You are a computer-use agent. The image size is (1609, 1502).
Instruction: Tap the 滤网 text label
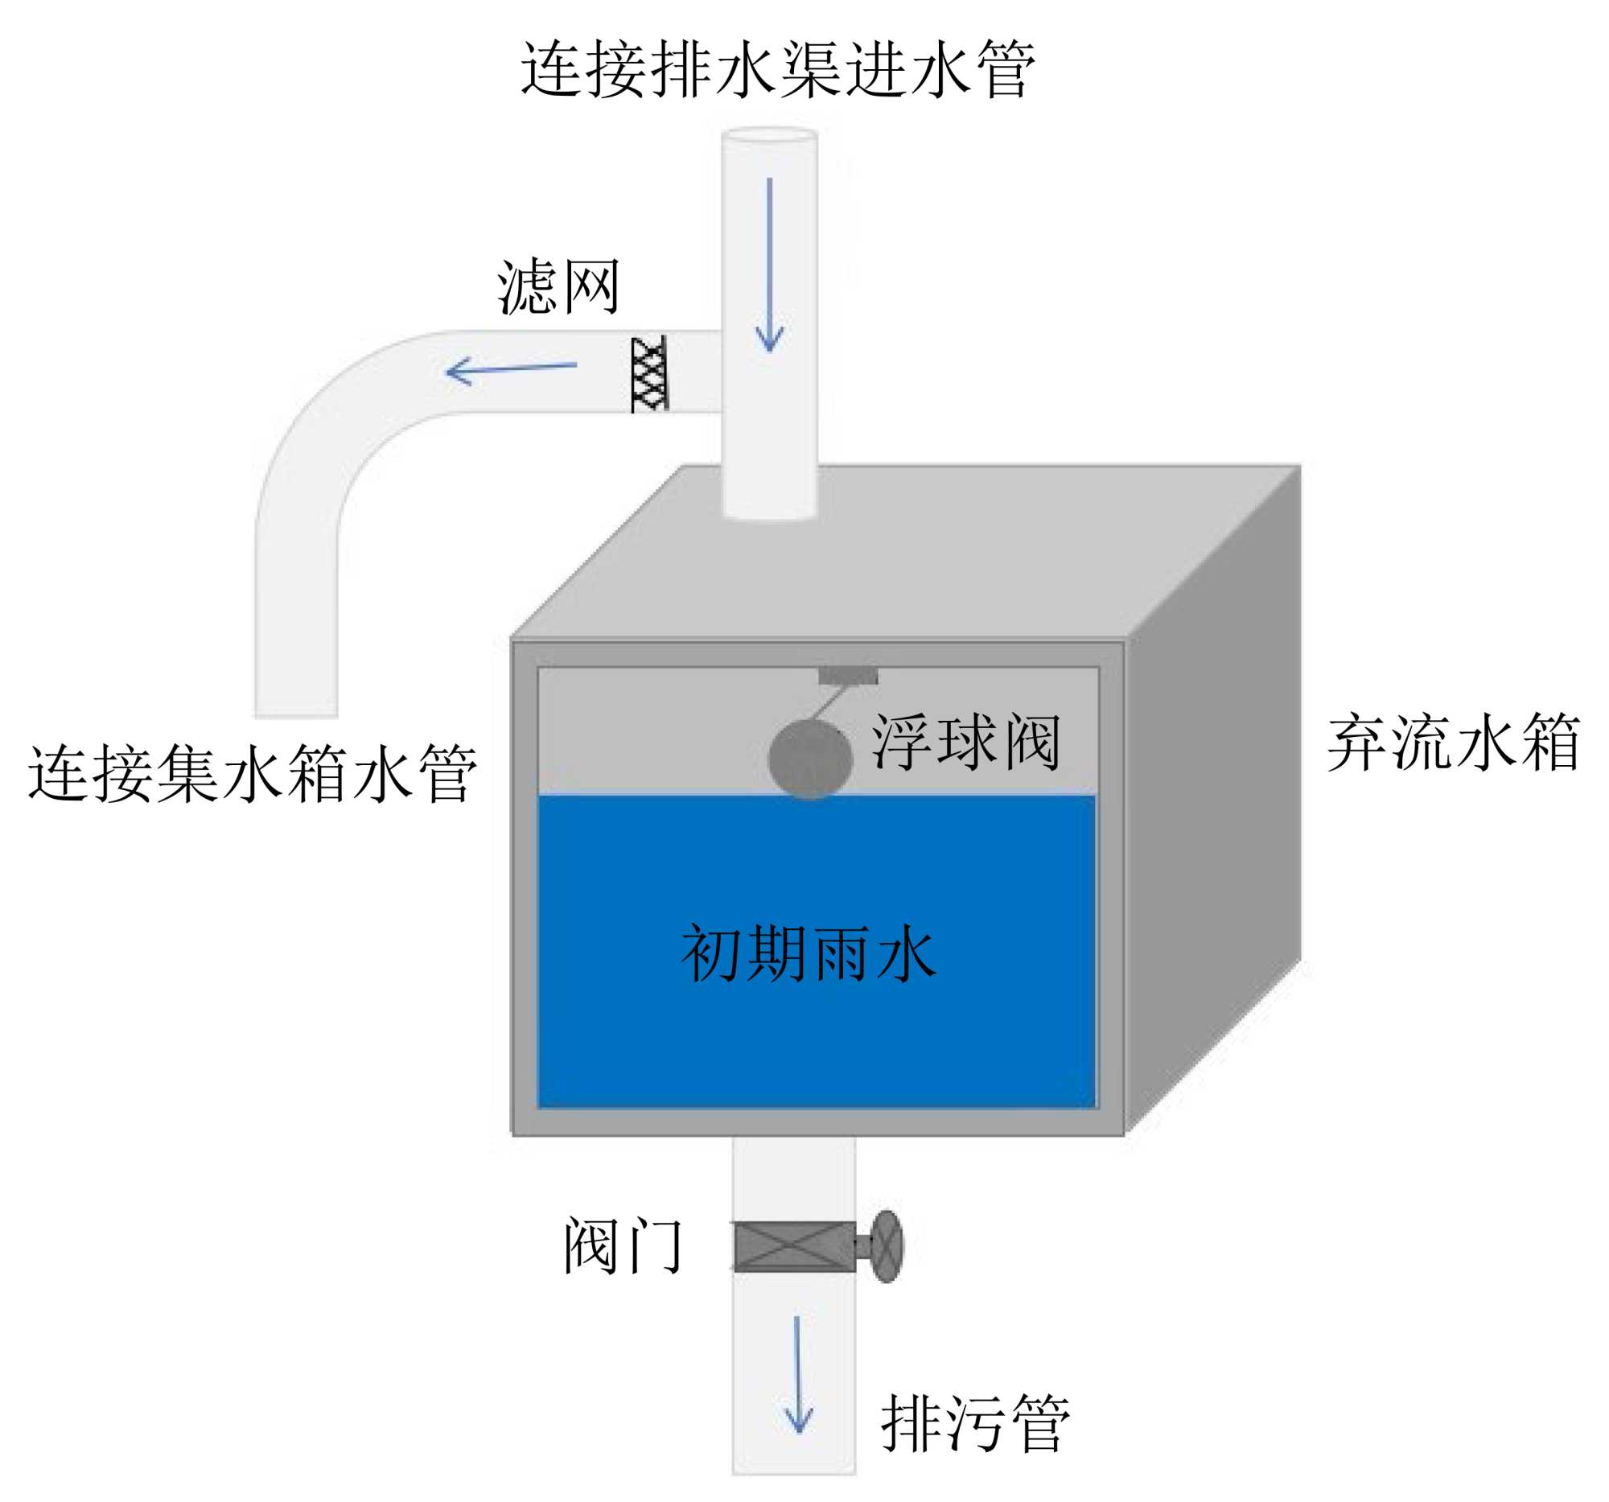click(558, 287)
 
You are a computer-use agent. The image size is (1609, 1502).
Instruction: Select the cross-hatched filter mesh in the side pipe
click(649, 374)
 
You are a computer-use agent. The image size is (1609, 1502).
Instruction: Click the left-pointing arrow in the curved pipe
click(510, 371)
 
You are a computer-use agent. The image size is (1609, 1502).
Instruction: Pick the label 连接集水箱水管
click(253, 775)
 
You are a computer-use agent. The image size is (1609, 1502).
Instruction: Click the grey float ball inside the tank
click(809, 759)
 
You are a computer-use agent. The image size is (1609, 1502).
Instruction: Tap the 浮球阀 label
click(965, 742)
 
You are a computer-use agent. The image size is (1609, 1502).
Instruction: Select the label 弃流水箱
click(1453, 743)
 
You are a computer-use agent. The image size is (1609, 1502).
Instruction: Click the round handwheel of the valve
click(888, 1246)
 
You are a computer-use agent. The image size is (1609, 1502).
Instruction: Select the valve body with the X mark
click(793, 1246)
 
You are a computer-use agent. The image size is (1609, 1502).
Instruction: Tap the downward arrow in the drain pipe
click(798, 1376)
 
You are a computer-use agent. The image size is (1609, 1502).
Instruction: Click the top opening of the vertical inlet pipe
click(769, 135)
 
